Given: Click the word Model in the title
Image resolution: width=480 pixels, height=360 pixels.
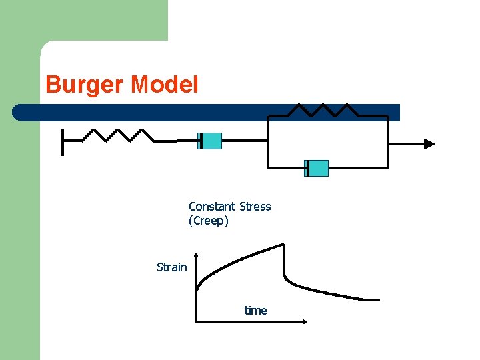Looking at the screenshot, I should (x=165, y=85).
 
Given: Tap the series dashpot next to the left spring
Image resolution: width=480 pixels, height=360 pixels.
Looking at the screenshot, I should (x=210, y=141).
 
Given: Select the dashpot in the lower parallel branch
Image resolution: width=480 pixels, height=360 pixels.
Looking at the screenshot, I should (x=317, y=168).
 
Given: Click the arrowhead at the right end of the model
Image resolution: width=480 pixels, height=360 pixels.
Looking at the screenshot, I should (x=429, y=143).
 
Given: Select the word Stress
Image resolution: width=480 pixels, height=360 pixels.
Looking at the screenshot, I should (x=255, y=207).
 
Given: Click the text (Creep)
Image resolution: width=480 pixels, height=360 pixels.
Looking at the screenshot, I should (x=209, y=221).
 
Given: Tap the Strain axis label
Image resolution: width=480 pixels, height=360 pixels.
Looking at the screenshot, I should (x=171, y=267).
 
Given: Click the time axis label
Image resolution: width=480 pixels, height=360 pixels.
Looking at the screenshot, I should (x=255, y=311).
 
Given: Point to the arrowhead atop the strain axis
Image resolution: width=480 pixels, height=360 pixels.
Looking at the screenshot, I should (x=196, y=256).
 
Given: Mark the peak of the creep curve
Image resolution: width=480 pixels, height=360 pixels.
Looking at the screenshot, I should (x=285, y=245).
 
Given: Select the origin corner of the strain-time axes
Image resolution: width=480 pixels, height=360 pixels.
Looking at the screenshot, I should (x=196, y=321).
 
